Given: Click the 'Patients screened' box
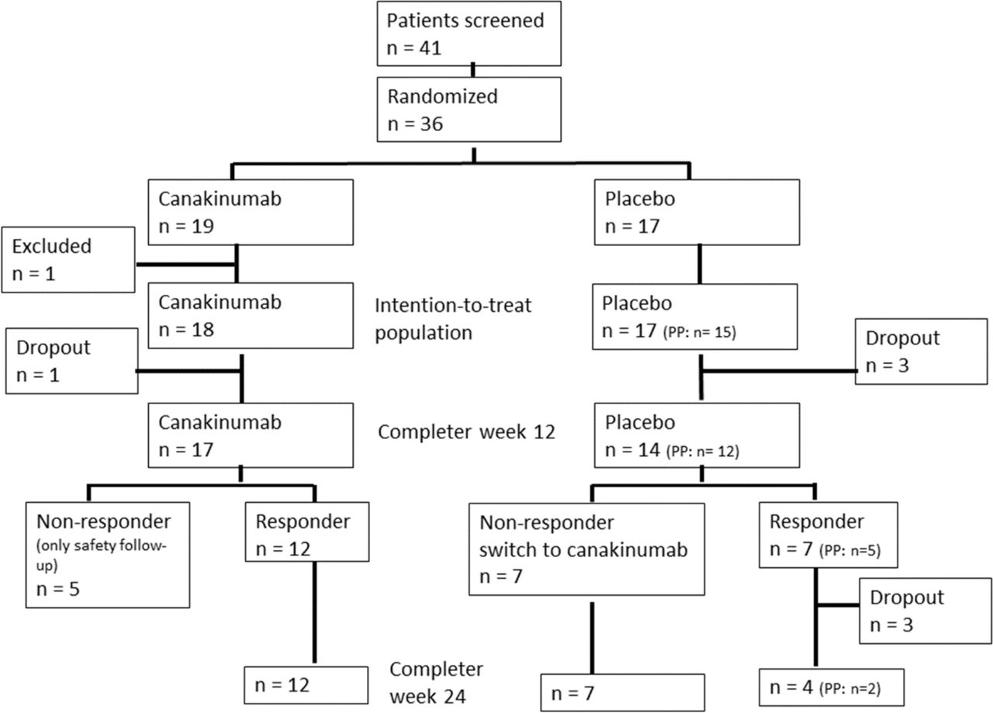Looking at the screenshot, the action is click(x=469, y=33).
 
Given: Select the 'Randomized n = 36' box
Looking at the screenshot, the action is click(x=469, y=109).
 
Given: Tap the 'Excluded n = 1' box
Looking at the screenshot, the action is click(x=68, y=260).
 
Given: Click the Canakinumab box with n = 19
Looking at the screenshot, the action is click(x=251, y=213).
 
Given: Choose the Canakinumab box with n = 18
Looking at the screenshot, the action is click(x=251, y=316).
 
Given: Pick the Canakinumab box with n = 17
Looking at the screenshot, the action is click(x=251, y=435).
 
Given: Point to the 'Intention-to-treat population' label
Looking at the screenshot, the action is click(x=453, y=319).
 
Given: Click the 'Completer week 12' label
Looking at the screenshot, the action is click(x=466, y=432).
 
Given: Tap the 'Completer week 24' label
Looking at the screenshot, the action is click(x=436, y=683).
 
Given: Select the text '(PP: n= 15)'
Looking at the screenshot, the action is click(x=700, y=332).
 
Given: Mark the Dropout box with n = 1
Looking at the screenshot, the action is click(x=72, y=361).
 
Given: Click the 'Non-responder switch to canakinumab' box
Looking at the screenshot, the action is click(x=587, y=549).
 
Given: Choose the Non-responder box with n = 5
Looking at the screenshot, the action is click(x=108, y=555).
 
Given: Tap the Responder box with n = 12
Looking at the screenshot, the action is click(x=307, y=532).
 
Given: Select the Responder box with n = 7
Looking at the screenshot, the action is click(x=829, y=535).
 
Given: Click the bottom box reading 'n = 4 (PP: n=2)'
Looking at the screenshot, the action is click(x=832, y=687).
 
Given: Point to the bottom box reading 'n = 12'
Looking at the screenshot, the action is click(x=306, y=685).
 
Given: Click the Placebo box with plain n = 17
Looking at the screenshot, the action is click(x=697, y=213).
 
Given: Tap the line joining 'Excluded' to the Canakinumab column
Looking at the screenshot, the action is click(x=186, y=265).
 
